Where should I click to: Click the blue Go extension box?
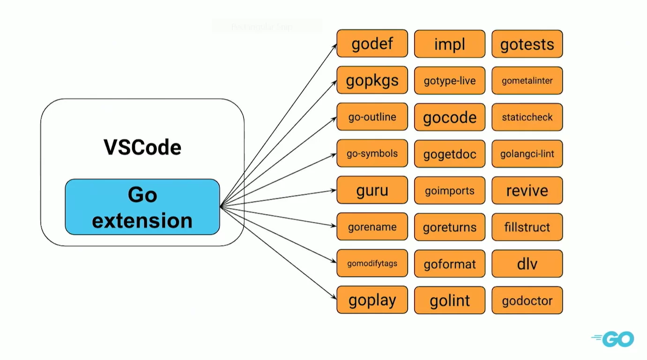click(142, 207)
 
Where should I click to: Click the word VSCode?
click(142, 148)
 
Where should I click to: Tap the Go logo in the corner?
click(613, 338)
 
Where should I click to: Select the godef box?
click(372, 44)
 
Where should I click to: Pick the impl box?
click(449, 44)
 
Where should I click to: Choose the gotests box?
click(527, 44)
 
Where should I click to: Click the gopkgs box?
click(372, 81)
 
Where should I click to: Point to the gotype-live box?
click(449, 81)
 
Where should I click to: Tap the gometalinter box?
click(527, 81)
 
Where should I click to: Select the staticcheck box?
click(527, 117)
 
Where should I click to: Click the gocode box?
click(449, 117)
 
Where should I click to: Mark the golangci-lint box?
click(527, 154)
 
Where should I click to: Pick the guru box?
click(372, 190)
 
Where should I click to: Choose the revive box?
click(527, 190)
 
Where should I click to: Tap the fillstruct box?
click(527, 227)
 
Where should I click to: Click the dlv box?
click(527, 264)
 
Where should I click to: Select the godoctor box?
click(527, 300)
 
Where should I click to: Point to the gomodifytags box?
click(372, 264)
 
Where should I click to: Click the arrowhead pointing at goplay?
click(334, 297)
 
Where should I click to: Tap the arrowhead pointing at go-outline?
click(334, 118)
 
